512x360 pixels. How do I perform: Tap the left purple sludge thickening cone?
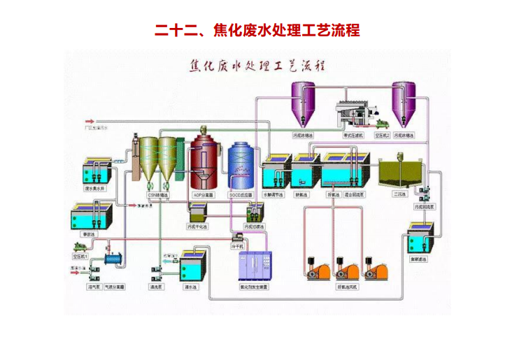click(x=303, y=103)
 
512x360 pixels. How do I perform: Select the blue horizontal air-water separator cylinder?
click(x=115, y=260)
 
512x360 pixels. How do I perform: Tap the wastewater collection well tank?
click(x=94, y=171)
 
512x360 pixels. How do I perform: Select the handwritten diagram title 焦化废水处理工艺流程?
click(x=256, y=67)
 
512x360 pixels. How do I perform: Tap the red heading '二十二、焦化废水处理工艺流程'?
click(x=256, y=31)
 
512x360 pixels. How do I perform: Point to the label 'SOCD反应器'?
click(x=240, y=196)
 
